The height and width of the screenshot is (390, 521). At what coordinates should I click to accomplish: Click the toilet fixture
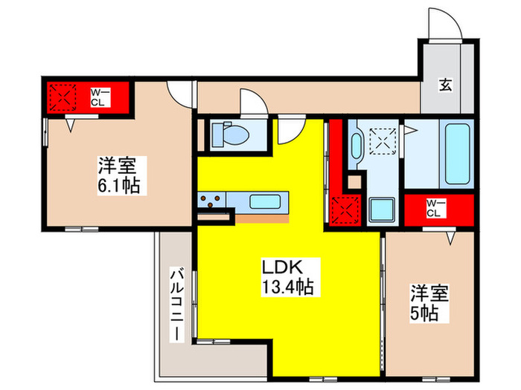click(x=223, y=134)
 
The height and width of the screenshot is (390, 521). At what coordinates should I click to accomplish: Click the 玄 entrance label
click(x=444, y=86)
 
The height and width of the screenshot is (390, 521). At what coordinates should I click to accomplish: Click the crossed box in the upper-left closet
click(x=62, y=97)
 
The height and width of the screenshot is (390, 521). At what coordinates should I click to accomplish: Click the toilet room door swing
click(x=252, y=102)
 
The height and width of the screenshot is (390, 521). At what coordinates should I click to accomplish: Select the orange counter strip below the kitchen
click(x=261, y=218)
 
